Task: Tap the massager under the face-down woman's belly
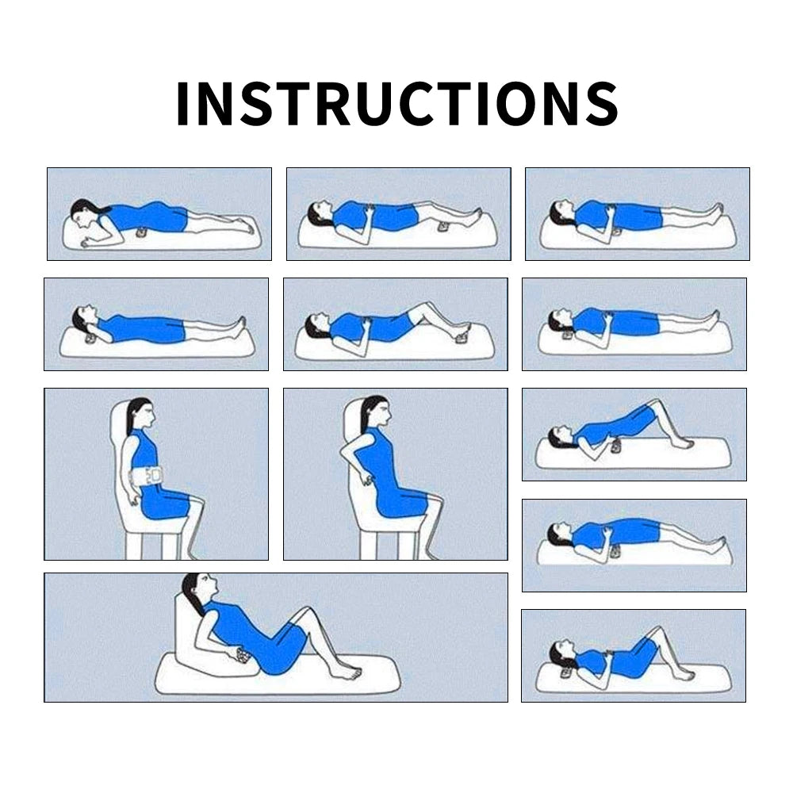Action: (142, 233)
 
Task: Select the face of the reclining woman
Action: (207, 586)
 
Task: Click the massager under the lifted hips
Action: (616, 446)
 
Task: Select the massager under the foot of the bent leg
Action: (462, 337)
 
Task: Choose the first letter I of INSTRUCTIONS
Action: (182, 103)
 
